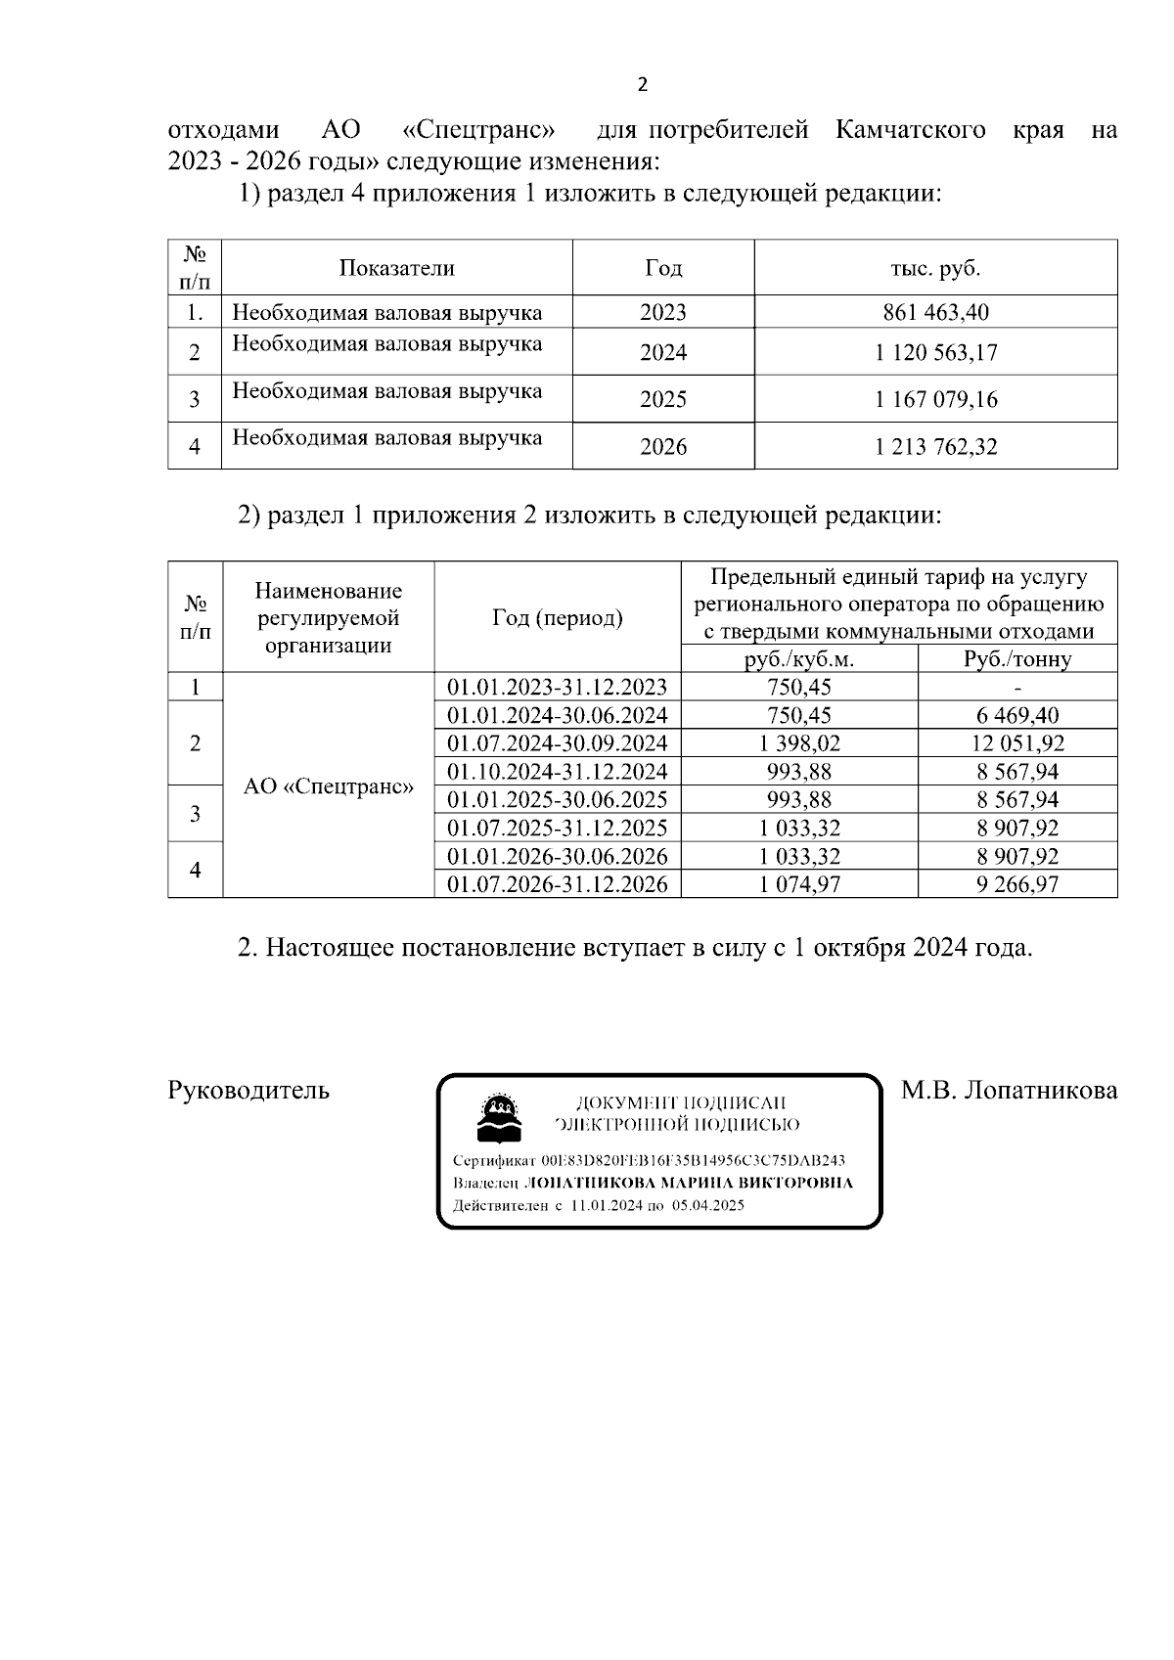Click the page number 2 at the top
pyautogui.click(x=642, y=85)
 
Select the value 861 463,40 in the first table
pyautogui.click(x=935, y=312)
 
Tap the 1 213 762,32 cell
pyautogui.click(x=935, y=447)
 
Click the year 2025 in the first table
pyautogui.click(x=663, y=399)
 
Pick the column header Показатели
pyautogui.click(x=397, y=268)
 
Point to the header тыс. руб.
pyautogui.click(x=935, y=268)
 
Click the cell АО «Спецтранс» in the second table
pyautogui.click(x=328, y=786)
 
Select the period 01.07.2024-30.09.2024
pyautogui.click(x=557, y=742)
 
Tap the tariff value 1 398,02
pyautogui.click(x=799, y=742)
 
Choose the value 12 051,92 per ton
pyautogui.click(x=1017, y=742)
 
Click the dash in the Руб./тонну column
pyautogui.click(x=1017, y=687)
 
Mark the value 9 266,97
pyautogui.click(x=1017, y=884)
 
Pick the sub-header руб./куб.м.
pyautogui.click(x=799, y=659)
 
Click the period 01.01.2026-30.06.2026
pyautogui.click(x=557, y=856)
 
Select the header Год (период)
pyautogui.click(x=557, y=618)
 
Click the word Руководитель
pyautogui.click(x=248, y=1090)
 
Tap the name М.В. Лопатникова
pyautogui.click(x=1009, y=1090)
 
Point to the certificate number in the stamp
pyautogui.click(x=693, y=1161)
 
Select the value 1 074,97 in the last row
pyautogui.click(x=799, y=884)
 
